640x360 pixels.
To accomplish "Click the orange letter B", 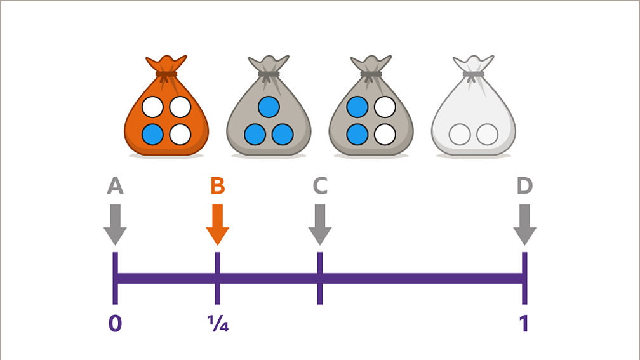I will click(217, 186).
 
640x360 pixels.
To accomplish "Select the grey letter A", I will click(115, 186).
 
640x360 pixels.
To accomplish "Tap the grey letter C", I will click(320, 186).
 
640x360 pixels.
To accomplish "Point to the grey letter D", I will click(524, 186).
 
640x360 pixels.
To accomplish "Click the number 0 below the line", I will click(115, 324).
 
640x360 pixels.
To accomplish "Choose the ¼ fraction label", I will click(218, 324).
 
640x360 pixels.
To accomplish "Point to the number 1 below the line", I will click(524, 324).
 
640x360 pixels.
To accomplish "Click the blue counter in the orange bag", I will click(152, 135).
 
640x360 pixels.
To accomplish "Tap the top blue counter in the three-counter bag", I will click(269, 107).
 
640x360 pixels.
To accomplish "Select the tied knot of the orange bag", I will click(166, 74).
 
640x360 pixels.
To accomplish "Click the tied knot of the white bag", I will click(473, 74).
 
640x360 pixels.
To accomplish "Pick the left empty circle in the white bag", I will click(459, 135).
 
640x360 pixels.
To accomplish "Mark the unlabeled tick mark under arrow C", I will click(320, 278).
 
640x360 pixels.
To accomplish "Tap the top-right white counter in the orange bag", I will click(180, 107).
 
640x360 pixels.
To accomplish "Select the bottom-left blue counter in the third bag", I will click(357, 135).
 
